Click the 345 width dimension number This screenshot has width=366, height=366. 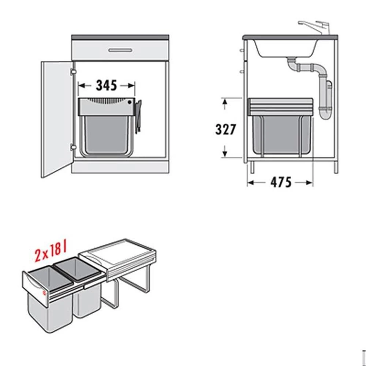pos(106,85)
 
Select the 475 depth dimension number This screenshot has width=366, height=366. pos(281,182)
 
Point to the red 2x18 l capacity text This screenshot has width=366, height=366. pos(51,252)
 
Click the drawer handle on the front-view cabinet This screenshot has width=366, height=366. pos(120,50)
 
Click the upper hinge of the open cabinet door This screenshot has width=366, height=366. pos(73,72)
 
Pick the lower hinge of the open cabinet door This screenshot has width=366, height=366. pos(73,147)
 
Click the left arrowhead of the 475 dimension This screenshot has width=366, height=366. pos(251,183)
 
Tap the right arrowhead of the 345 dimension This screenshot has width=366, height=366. pos(131,86)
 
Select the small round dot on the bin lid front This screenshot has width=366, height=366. pos(130,102)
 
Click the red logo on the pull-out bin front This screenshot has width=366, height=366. pos(45,293)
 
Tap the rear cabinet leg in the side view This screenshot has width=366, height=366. pos(336,168)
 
